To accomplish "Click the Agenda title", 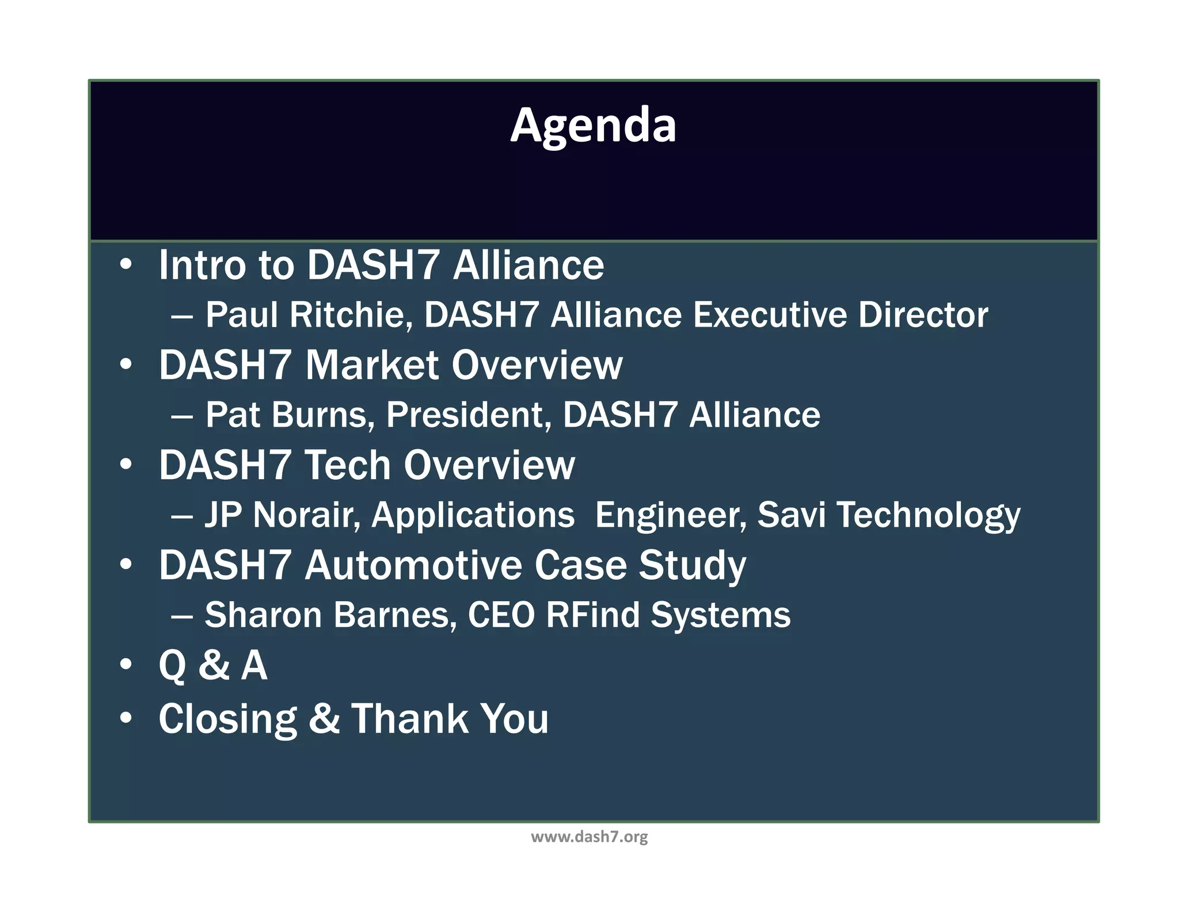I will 593,125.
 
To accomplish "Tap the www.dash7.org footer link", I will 589,837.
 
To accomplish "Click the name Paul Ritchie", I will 306,315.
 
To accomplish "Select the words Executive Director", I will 840,315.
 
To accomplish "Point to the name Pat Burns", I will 286,415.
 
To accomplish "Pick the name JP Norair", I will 282,514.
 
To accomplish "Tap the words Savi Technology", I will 888,514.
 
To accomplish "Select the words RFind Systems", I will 668,614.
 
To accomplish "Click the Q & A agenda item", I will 213,665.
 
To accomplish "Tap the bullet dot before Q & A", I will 126,665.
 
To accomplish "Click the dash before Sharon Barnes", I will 182,616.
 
